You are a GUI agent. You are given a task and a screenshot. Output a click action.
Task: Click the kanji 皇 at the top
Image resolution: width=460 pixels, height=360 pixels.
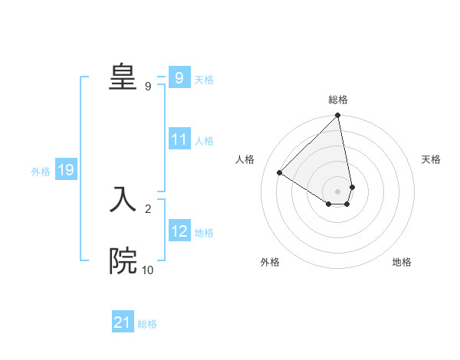(123, 77)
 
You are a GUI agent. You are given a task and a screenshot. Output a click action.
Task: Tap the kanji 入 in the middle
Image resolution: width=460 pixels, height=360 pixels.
(123, 198)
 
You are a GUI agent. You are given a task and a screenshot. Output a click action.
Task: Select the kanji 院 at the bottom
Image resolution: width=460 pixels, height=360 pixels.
(123, 260)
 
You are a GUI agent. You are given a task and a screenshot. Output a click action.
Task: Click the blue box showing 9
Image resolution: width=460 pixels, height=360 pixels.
(179, 78)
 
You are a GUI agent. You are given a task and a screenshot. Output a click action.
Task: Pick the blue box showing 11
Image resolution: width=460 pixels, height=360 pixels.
(179, 140)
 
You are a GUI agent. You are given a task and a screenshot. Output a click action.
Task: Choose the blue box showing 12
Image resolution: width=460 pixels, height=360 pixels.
(179, 231)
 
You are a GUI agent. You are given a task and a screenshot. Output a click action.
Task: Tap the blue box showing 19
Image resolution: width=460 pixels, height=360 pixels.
(66, 171)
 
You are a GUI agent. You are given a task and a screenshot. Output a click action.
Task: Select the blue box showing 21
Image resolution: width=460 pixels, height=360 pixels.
(123, 323)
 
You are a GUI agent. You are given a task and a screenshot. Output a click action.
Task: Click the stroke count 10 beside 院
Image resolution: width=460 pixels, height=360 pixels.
(147, 270)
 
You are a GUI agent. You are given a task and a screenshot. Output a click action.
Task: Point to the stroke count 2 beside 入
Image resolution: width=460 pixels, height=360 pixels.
(148, 208)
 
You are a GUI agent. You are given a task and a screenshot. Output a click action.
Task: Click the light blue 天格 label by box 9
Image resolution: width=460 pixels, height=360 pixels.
(204, 80)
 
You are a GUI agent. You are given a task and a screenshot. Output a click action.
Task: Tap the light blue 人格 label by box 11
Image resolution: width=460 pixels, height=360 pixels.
(204, 141)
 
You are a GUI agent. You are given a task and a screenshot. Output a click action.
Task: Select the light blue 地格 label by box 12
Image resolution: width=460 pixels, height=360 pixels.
(204, 233)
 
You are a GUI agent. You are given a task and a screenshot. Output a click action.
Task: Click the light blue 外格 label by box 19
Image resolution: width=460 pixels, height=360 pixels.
(41, 172)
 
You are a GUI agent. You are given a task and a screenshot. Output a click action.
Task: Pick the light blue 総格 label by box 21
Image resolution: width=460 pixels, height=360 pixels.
(147, 324)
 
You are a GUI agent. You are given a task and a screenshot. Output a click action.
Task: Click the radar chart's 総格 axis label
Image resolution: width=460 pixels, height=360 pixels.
(338, 100)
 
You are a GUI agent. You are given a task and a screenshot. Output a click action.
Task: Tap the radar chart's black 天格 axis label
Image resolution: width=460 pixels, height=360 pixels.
(431, 159)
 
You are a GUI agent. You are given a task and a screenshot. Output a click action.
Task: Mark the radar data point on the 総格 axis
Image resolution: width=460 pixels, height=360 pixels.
(338, 116)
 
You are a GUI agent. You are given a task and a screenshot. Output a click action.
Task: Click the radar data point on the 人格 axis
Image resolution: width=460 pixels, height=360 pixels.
(280, 173)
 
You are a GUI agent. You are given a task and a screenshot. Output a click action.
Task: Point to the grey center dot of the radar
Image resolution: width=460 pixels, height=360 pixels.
(338, 191)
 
